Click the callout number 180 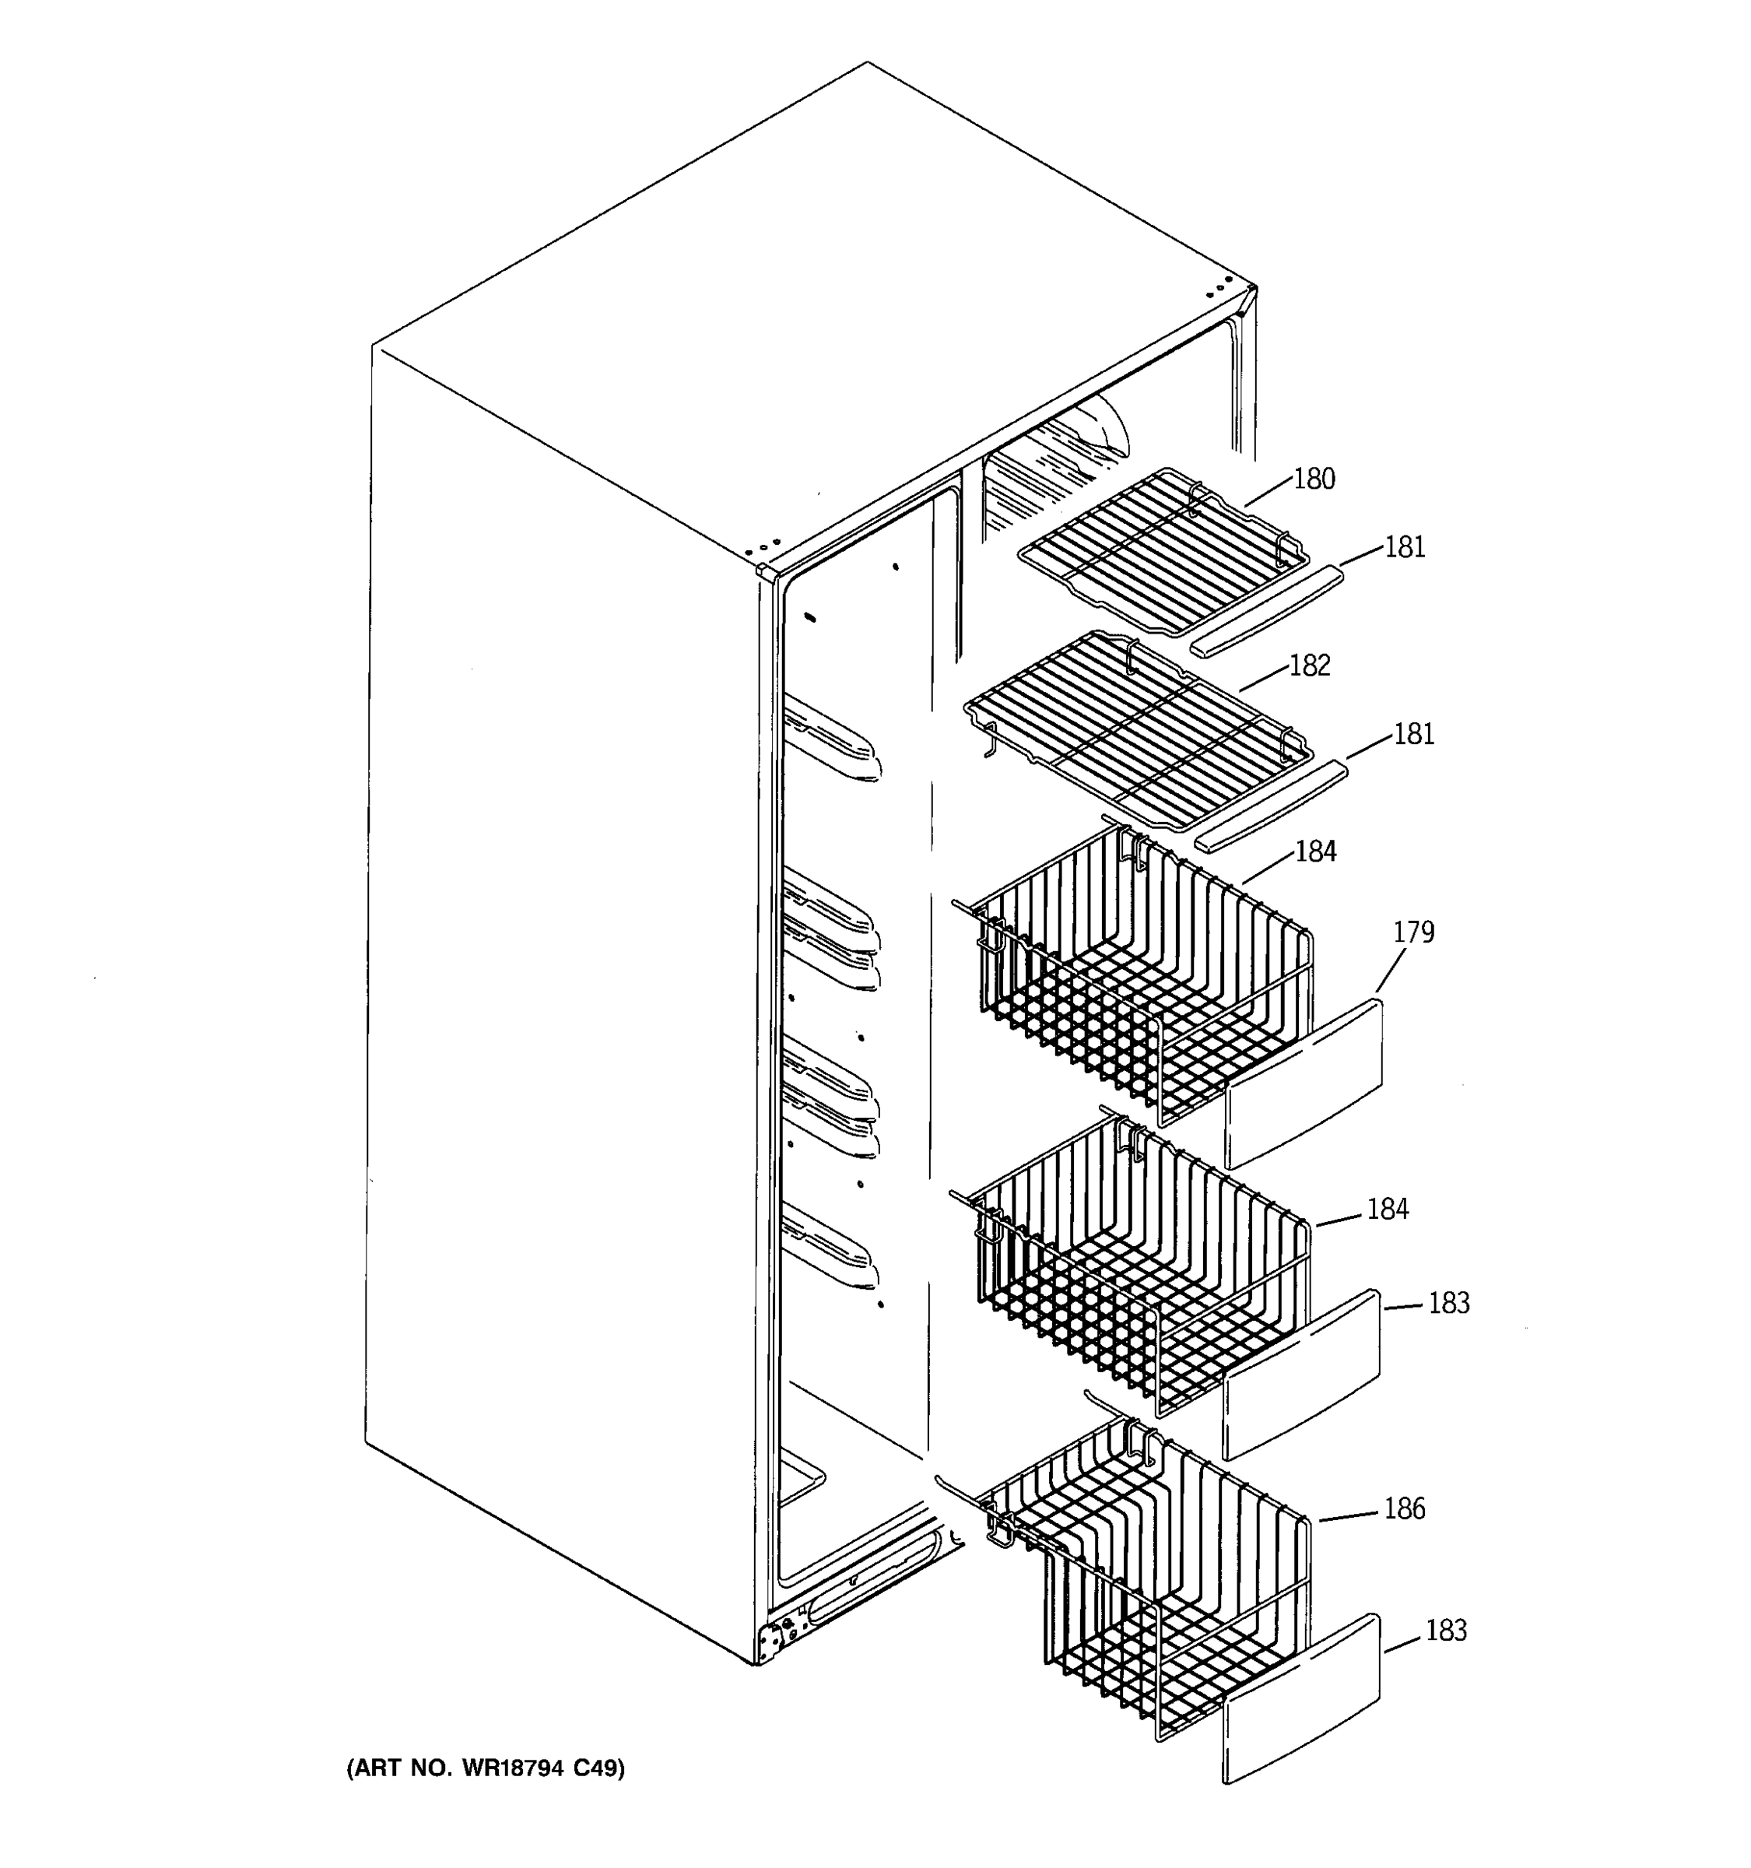[1314, 479]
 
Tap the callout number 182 [1310, 665]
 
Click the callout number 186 [1403, 1509]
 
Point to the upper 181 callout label [1405, 547]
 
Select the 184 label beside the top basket [1315, 851]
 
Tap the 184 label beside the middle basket [1387, 1210]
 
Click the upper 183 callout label [1448, 1303]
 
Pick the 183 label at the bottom [1446, 1631]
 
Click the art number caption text [486, 1769]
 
